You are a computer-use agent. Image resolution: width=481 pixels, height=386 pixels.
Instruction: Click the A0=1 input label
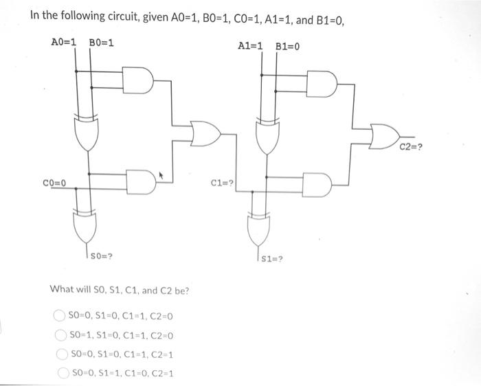point(65,43)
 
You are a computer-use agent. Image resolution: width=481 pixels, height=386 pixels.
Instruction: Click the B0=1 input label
point(102,43)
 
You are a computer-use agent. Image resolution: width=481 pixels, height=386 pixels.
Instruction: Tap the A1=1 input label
point(251,46)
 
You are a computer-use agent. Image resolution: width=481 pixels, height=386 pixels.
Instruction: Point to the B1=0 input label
point(287,46)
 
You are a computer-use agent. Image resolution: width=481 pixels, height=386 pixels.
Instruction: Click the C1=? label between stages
point(223,183)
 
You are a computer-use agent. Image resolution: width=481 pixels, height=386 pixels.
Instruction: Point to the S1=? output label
point(272,259)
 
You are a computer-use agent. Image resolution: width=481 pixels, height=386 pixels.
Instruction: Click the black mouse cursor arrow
point(162,177)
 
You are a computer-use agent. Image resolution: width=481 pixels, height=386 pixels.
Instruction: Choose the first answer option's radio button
point(60,316)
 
